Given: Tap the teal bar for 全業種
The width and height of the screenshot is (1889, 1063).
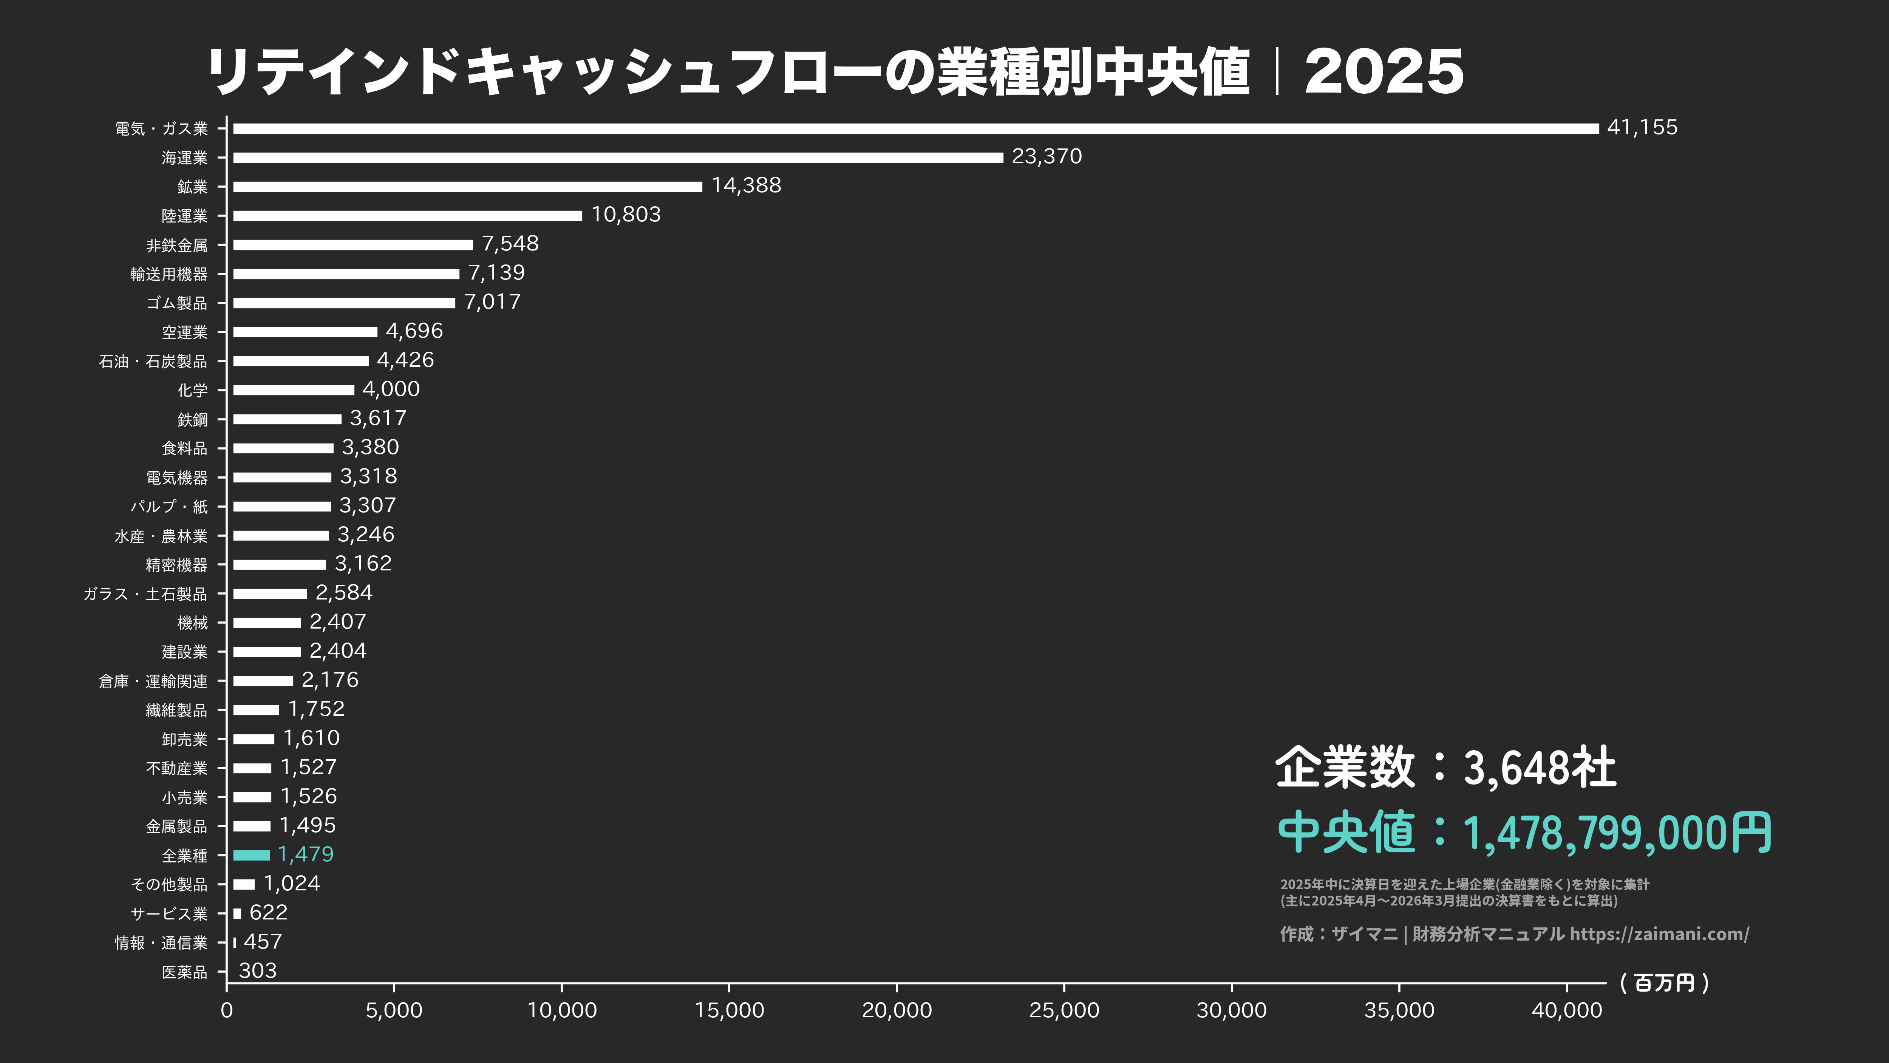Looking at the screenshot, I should point(252,855).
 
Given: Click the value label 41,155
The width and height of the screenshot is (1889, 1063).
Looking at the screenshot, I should point(1642,128).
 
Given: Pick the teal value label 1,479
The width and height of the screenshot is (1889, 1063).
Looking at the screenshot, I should point(306,854).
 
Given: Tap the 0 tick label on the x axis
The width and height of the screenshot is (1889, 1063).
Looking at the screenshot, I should point(227,1010).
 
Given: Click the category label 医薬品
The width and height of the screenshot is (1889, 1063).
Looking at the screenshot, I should point(185,972).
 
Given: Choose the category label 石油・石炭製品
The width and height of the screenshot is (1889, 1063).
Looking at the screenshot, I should point(153,362).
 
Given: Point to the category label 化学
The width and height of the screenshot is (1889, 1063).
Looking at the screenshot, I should point(192,390).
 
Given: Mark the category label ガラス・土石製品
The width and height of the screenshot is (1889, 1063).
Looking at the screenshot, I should point(145,594).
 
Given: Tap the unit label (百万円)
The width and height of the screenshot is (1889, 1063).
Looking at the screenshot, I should point(1665,983).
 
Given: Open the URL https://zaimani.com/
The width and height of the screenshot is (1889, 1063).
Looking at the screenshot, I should point(1659,934).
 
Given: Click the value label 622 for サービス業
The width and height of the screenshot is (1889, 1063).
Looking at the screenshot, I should point(268,913).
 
